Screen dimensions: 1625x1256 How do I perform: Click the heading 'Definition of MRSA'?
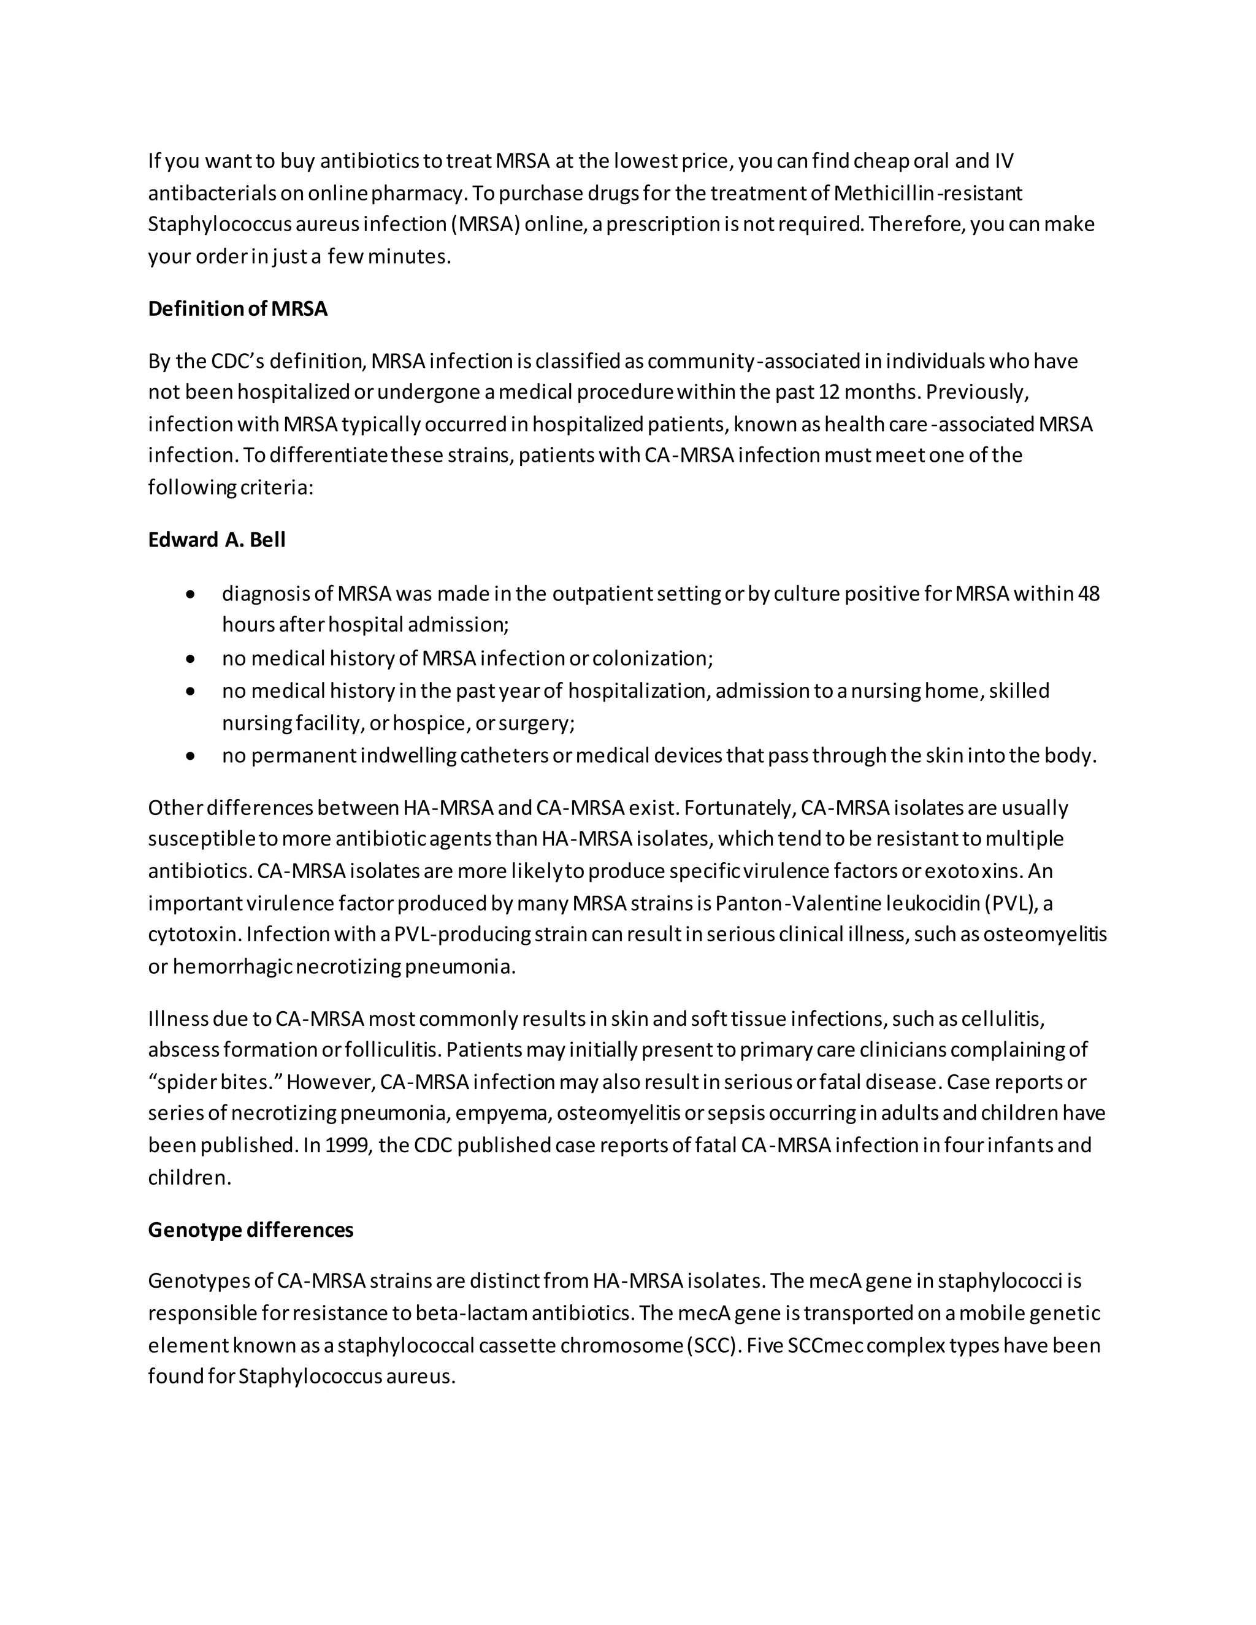[237, 309]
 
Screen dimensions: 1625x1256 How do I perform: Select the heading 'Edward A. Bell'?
[216, 540]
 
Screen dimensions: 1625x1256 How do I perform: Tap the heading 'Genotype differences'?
[250, 1230]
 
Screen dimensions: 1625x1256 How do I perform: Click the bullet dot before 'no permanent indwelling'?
[191, 756]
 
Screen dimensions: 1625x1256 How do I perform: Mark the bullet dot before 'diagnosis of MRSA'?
[191, 594]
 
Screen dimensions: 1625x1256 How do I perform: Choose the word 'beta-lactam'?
[465, 1313]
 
